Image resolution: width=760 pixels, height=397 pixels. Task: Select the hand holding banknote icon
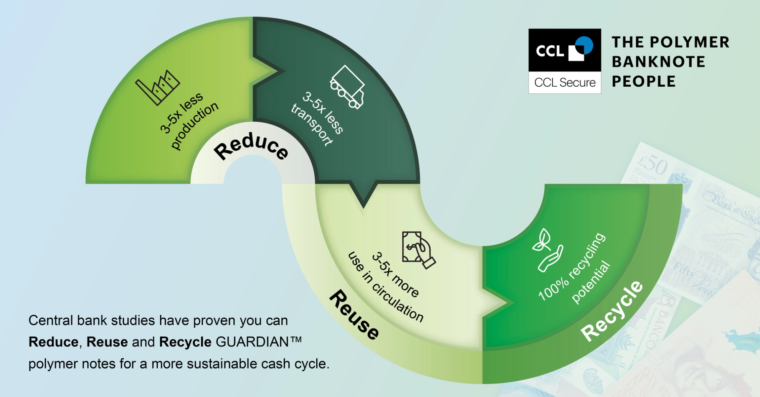point(418,250)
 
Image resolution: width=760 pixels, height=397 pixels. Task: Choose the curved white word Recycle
point(612,311)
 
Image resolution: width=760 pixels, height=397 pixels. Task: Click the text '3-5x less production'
point(188,121)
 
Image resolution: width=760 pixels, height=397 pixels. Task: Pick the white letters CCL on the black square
point(550,51)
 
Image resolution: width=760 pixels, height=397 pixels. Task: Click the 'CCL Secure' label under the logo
point(565,82)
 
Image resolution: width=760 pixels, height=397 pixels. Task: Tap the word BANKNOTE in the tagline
point(658,62)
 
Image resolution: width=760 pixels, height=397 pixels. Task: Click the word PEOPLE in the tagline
point(643,81)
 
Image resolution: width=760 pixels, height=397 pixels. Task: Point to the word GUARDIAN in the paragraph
point(255,342)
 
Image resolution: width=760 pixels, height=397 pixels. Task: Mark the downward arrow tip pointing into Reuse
point(363,205)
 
